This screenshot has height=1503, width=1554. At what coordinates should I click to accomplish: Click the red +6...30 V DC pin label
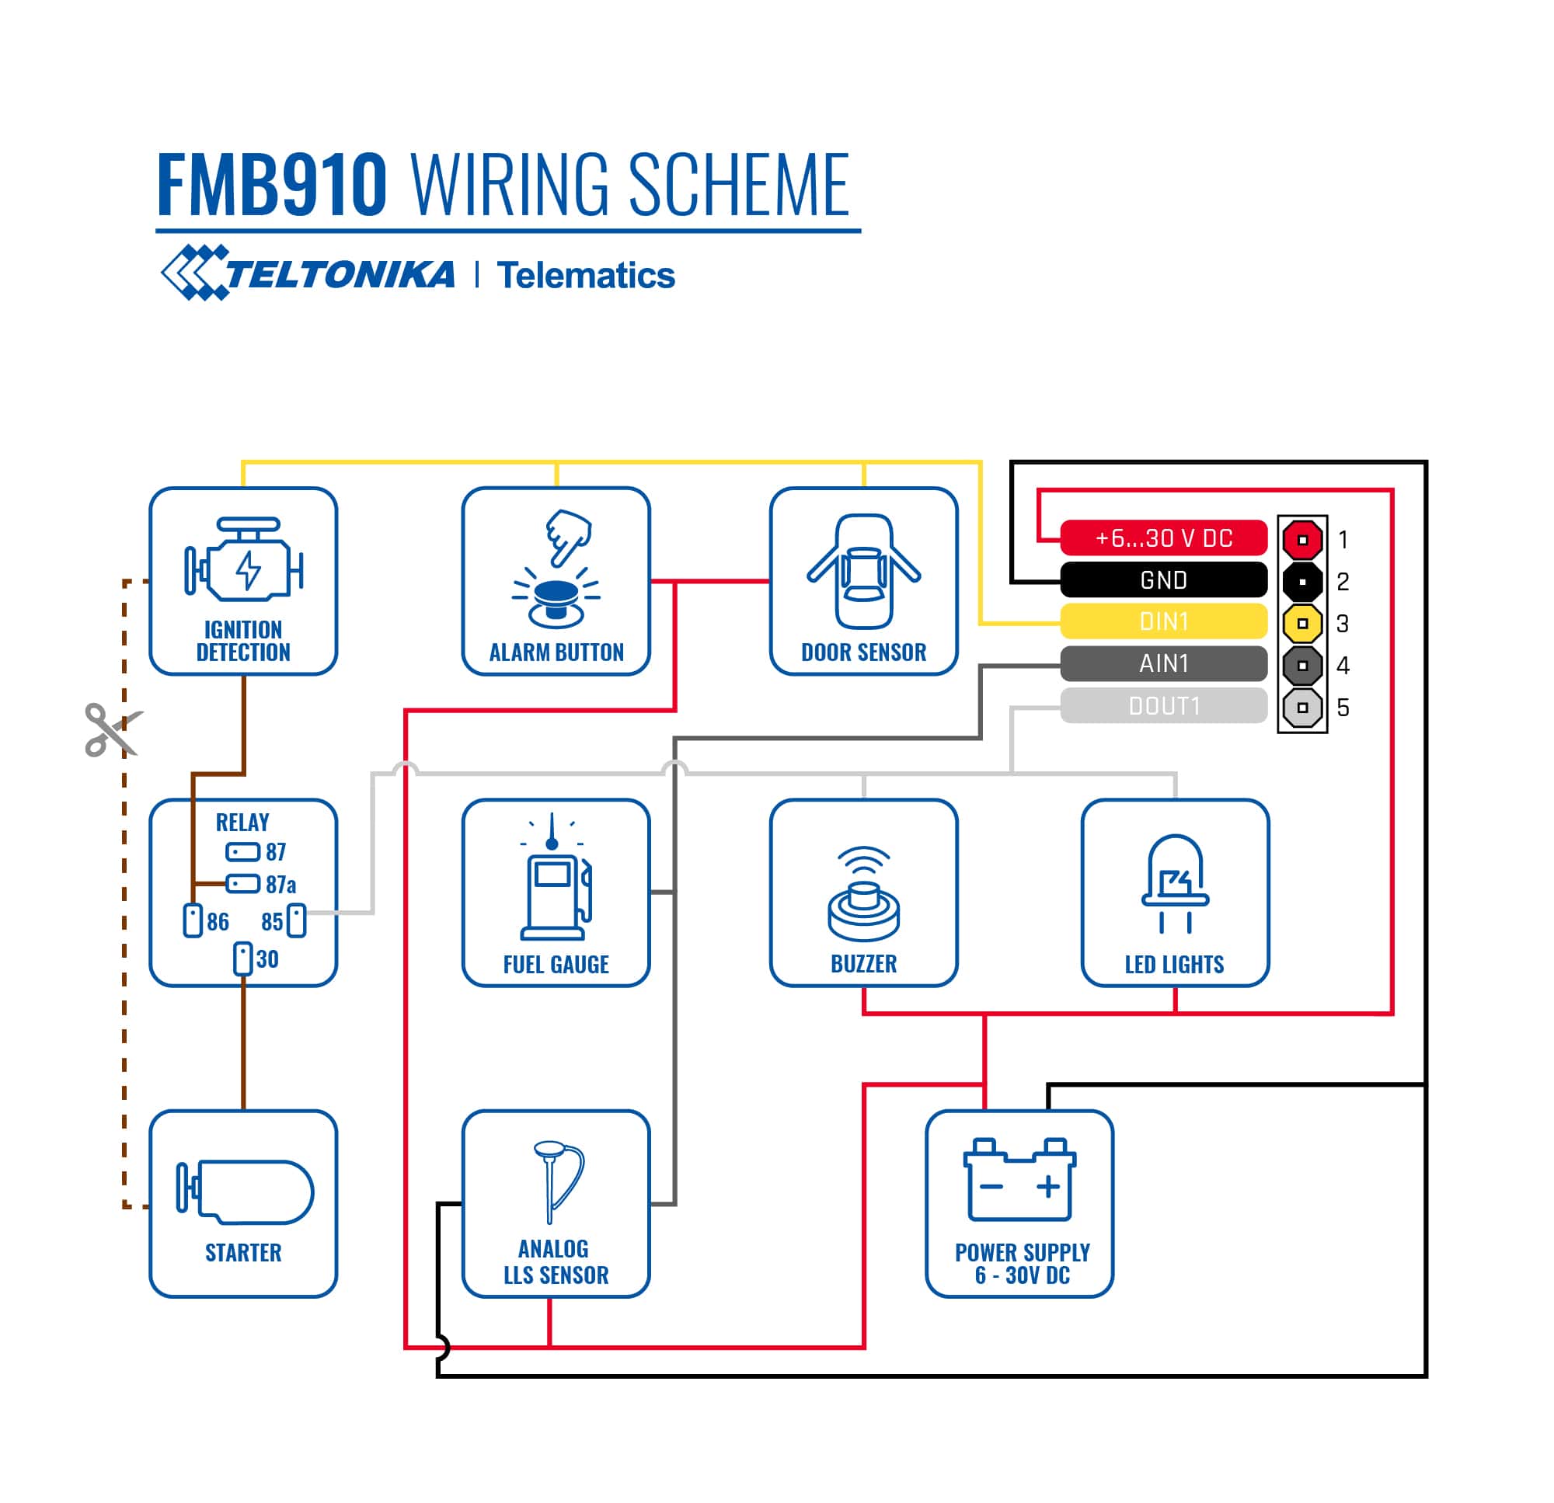coord(1163,538)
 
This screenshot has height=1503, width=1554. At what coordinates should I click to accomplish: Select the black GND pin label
coord(1163,580)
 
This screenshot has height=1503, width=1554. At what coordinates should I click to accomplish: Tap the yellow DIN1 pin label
coord(1163,621)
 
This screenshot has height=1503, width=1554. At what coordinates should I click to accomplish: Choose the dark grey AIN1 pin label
coord(1163,663)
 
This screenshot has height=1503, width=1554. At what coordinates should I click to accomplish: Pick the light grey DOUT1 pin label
coord(1163,705)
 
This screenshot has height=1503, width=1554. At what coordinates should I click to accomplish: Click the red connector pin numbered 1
coord(1302,540)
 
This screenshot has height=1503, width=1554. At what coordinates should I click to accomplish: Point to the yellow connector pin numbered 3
coord(1302,624)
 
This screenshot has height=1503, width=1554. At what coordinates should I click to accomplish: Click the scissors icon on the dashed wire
coord(111,729)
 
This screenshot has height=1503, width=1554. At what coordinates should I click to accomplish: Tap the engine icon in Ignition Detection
coord(243,562)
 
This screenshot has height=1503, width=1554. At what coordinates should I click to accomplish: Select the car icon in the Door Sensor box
coord(863,571)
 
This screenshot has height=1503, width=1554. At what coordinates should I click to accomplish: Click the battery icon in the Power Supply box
coord(1019,1180)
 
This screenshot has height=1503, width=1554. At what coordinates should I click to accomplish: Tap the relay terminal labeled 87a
coord(242,883)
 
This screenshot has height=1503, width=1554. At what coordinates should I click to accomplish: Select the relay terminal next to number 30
coord(242,959)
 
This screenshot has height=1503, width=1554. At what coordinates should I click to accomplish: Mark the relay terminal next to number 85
coord(297,920)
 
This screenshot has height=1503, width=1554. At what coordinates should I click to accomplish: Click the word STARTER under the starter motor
coord(243,1252)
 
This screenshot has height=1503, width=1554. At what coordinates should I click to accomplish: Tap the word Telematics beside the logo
coord(585,276)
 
